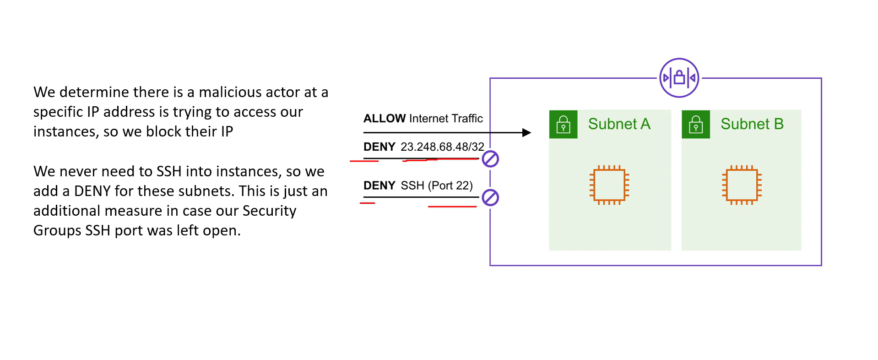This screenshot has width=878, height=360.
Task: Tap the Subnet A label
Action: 619,124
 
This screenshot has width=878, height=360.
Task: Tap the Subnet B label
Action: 752,124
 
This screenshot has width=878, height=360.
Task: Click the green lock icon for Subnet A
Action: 563,124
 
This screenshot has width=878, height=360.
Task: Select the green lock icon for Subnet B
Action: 696,124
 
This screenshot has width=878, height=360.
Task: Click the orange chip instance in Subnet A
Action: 609,185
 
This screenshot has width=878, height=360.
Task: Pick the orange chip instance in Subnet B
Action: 742,185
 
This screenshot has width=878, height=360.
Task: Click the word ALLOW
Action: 385,119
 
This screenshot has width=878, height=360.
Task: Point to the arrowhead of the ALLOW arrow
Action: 527,133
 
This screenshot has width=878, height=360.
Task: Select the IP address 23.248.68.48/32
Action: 442,147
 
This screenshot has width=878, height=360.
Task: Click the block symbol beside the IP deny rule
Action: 490,159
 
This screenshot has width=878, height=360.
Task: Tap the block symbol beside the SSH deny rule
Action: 490,198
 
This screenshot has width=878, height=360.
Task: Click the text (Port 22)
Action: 450,186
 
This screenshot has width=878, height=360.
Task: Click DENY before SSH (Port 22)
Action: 379,185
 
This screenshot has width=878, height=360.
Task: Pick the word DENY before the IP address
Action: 379,147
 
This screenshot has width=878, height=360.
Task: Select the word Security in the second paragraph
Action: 269,211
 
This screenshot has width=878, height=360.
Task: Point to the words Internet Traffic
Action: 446,119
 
